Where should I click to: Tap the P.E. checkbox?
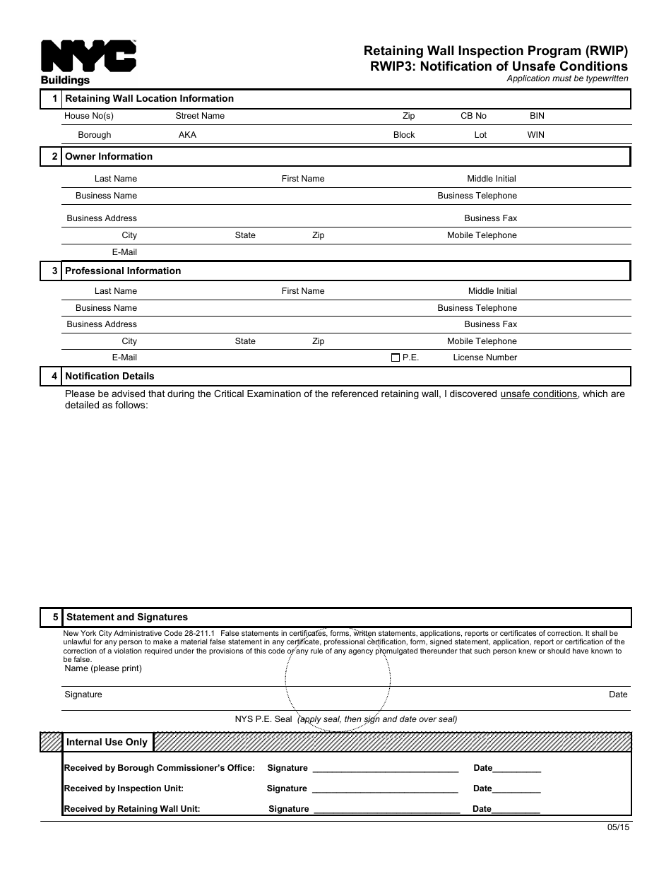[395, 357]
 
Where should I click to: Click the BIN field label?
[537, 116]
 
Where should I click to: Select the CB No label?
[473, 116]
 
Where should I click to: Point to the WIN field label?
[535, 135]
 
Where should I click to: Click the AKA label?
[187, 135]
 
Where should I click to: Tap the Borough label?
[94, 135]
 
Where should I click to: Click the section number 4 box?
[52, 377]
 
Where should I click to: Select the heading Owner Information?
[109, 157]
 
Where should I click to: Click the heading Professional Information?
[123, 271]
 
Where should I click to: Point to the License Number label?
[485, 357]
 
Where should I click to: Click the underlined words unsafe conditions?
[538, 394]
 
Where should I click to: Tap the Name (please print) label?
[103, 668]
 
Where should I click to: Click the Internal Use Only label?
[107, 742]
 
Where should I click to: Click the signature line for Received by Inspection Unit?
[385, 789]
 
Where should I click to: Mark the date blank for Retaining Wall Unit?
[516, 810]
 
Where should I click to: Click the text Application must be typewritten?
[567, 79]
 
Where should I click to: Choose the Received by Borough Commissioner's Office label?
[159, 768]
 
